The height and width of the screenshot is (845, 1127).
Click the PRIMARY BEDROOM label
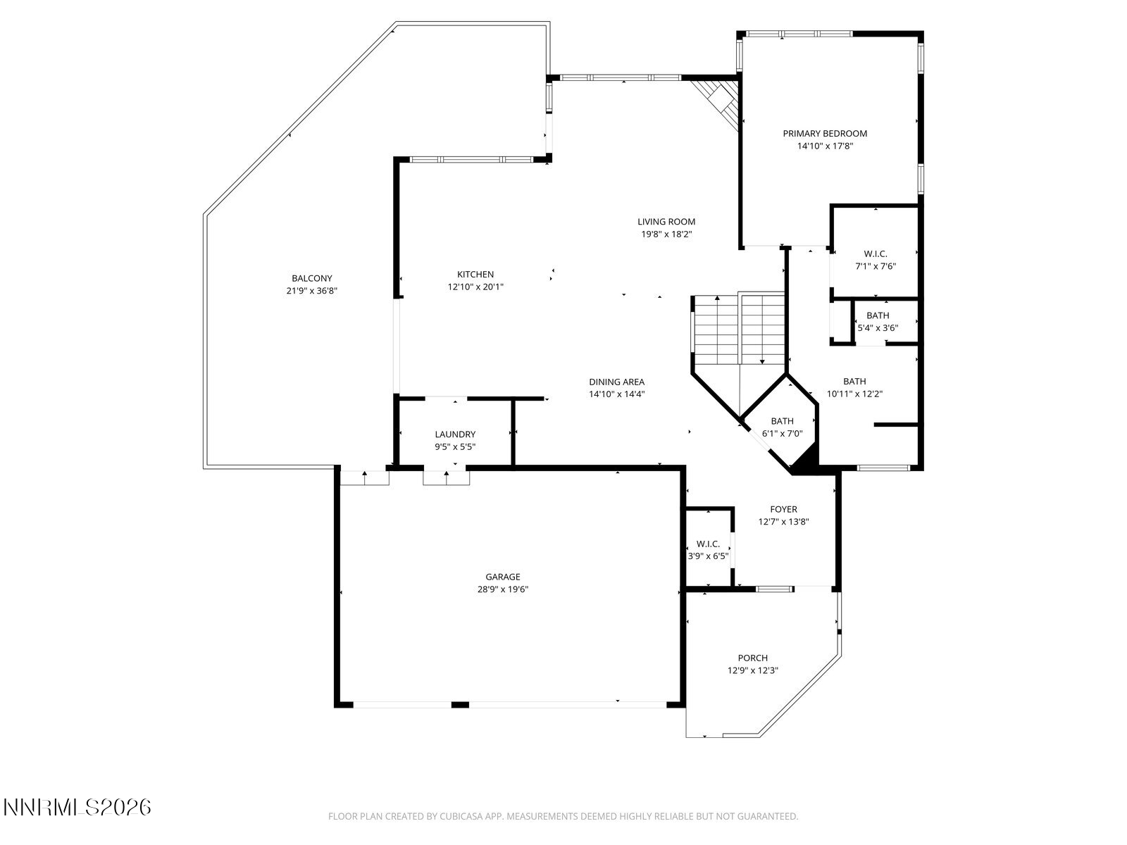coord(825,133)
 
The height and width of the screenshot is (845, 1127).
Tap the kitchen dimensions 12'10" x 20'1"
coord(475,287)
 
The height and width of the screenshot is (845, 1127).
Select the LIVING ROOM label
coord(666,222)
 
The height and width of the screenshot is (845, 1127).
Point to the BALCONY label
coord(312,278)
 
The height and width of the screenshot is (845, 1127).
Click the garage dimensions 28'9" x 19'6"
coord(502,590)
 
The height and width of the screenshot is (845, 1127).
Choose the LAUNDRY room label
coord(455,434)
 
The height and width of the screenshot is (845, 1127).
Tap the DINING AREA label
coord(616,382)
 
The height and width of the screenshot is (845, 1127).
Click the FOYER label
coord(783,509)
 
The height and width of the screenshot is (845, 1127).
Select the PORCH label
coord(752,658)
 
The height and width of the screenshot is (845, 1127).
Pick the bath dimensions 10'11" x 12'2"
coord(854,394)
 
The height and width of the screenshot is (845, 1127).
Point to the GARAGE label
coord(502,577)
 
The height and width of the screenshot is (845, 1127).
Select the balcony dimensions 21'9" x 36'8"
coord(312,291)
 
